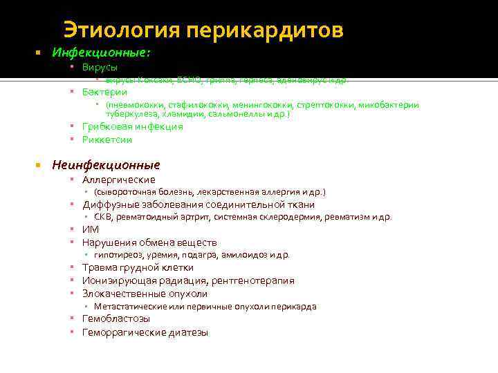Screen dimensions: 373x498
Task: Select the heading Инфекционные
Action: tap(101, 52)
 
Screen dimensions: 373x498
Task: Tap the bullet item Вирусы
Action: tap(100, 68)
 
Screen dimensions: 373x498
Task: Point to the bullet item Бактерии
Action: tap(104, 92)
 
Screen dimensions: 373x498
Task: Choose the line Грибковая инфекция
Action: tap(132, 126)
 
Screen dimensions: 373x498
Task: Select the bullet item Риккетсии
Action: tap(107, 140)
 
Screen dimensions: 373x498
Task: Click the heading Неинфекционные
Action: tap(106, 165)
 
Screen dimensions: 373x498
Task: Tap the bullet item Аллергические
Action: tap(118, 180)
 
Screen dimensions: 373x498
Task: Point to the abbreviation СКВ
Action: tap(102, 217)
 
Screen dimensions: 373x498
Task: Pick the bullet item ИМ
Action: tap(90, 229)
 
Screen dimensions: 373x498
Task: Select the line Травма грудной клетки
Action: tap(138, 267)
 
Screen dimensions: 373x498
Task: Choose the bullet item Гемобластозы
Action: tap(116, 318)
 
